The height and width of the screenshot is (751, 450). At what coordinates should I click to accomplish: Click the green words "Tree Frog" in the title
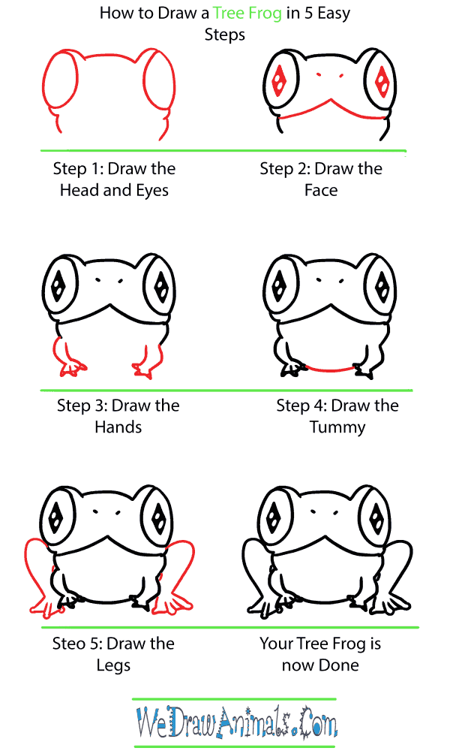247,14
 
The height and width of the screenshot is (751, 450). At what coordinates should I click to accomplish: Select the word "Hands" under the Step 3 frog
118,427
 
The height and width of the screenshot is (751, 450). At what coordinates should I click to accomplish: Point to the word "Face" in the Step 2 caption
321,190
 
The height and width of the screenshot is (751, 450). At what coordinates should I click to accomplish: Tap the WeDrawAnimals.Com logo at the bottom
237,722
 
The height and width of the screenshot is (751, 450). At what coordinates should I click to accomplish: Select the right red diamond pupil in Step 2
382,81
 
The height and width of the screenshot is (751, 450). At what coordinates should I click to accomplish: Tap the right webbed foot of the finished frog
390,602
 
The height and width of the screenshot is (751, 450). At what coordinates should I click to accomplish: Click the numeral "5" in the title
309,14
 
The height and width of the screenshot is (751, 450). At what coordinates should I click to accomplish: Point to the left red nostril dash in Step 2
319,75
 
